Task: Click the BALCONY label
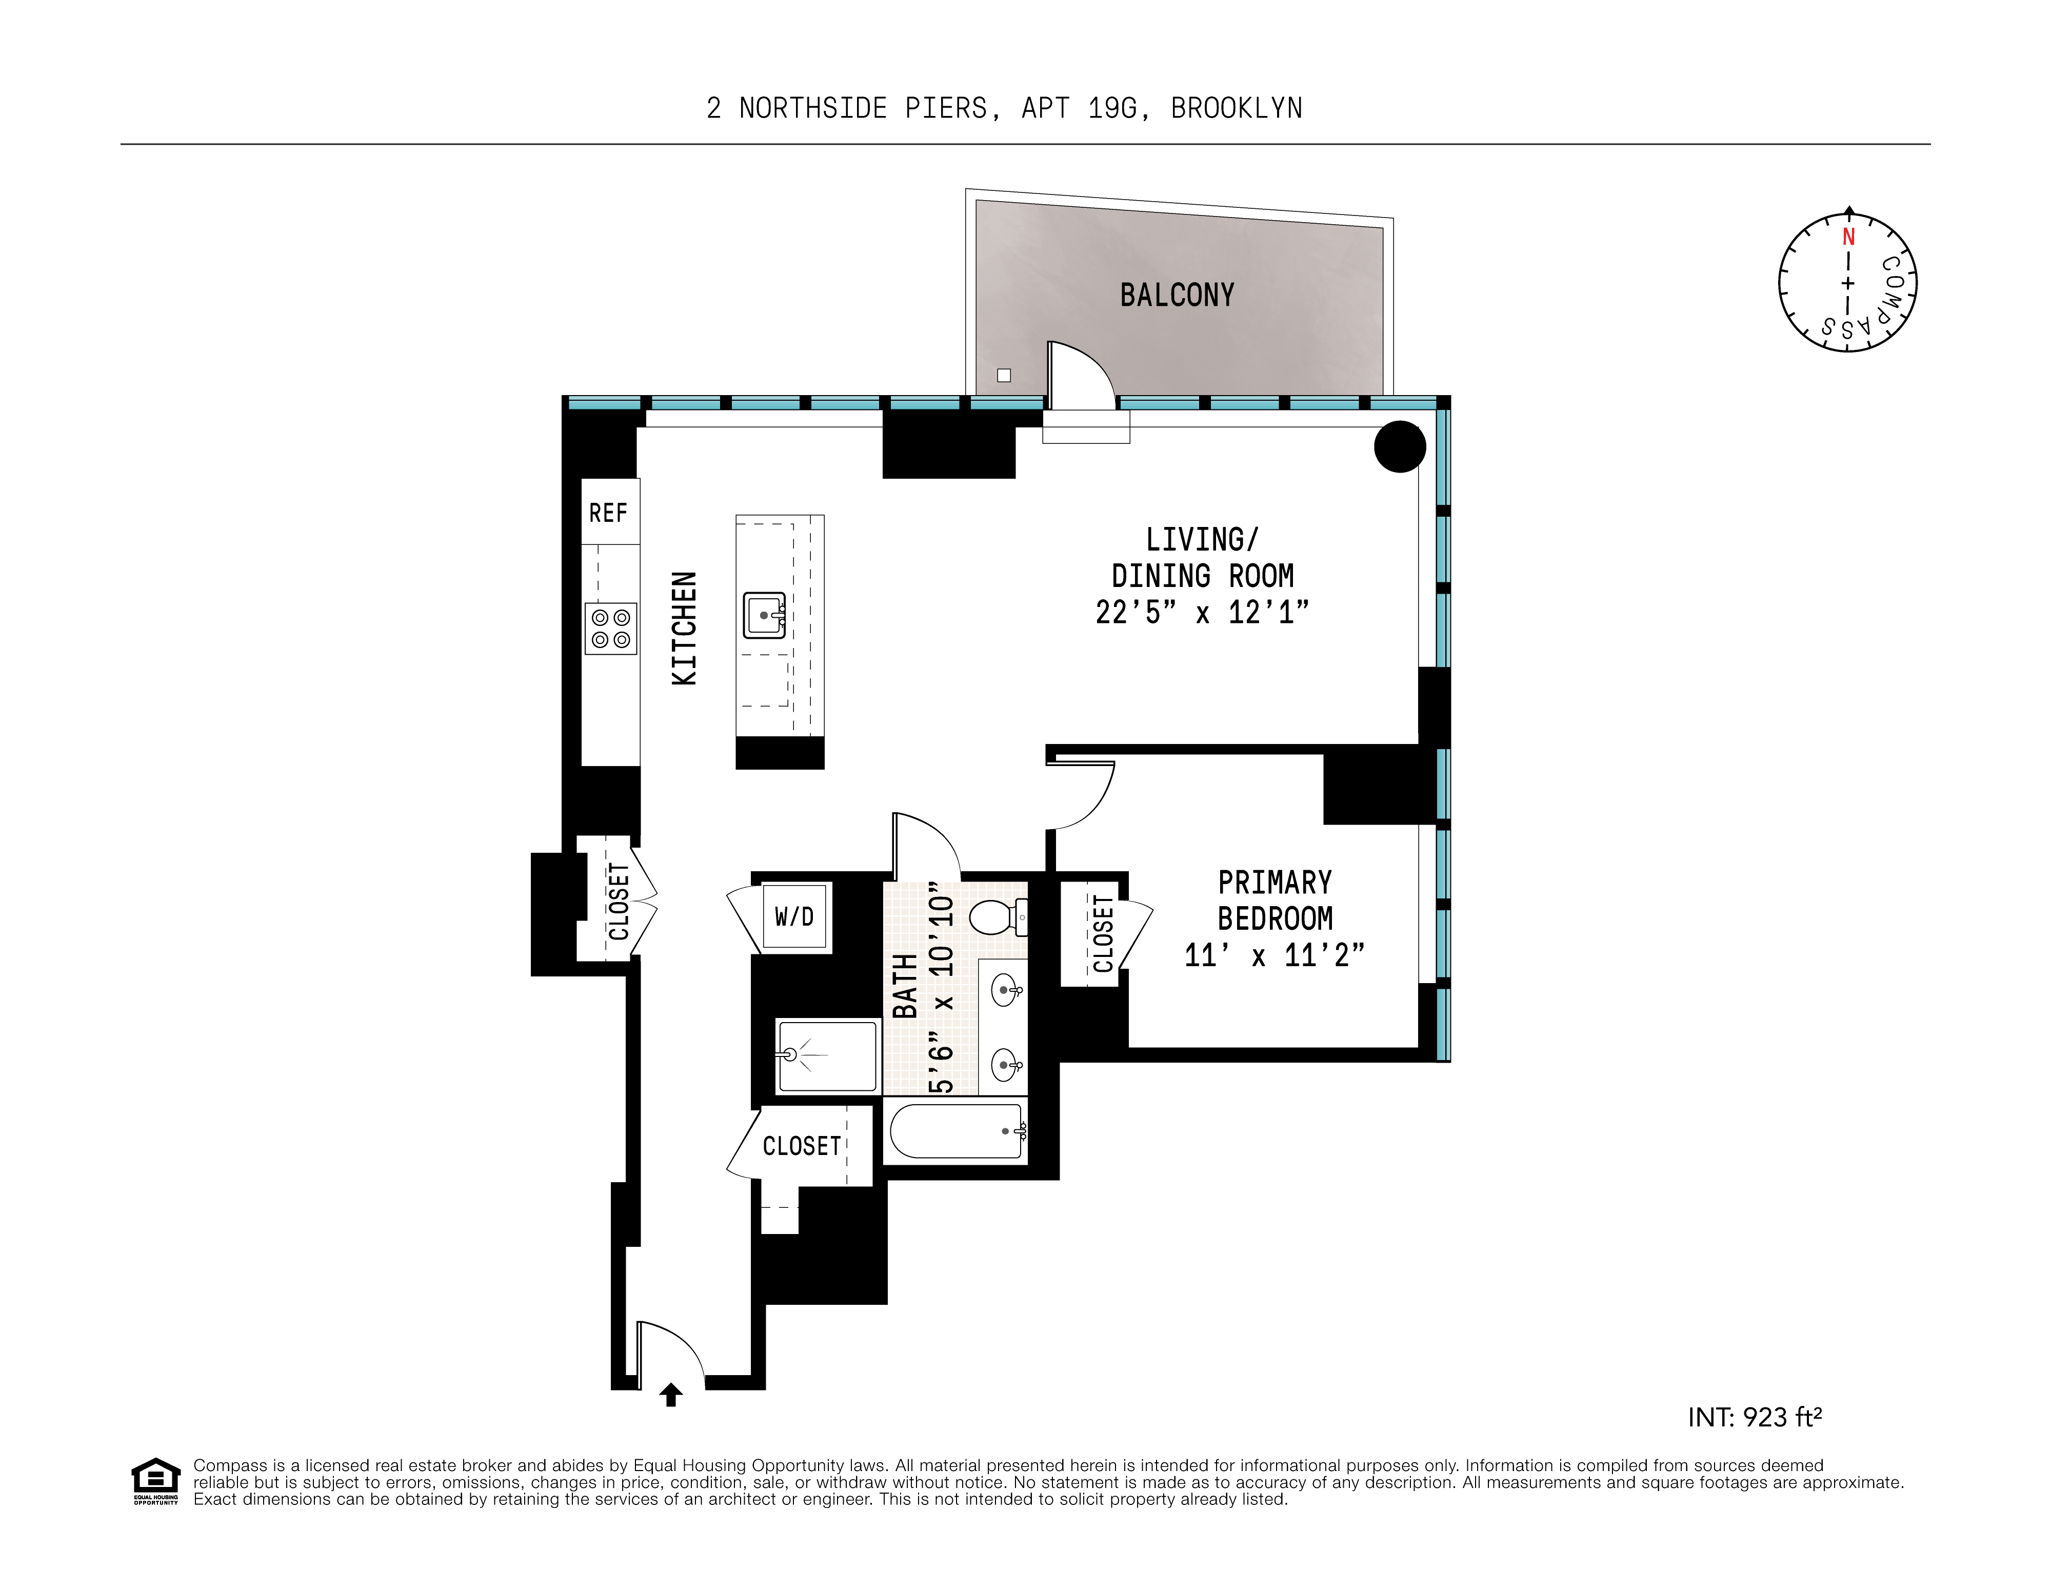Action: click(1177, 295)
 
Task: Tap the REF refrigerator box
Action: click(609, 512)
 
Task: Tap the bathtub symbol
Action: click(956, 1131)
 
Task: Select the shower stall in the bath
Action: click(826, 1056)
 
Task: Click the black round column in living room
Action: click(1399, 447)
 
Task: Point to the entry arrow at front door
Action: click(670, 1395)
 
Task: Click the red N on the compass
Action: click(1848, 237)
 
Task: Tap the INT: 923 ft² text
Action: click(1754, 1417)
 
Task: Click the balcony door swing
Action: click(1080, 376)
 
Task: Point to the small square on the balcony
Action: click(1004, 375)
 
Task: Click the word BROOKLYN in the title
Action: click(1236, 109)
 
